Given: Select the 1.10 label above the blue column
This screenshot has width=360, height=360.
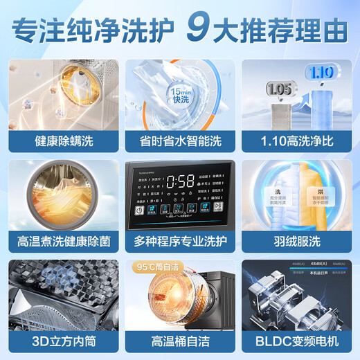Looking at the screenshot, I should [323, 72].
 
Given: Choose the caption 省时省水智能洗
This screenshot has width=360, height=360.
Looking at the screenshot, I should [180, 140].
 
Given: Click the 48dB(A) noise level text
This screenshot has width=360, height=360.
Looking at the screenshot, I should [298, 264].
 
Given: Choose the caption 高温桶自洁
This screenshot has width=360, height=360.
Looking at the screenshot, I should [180, 341].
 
